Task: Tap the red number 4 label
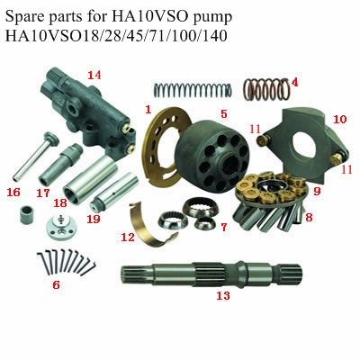pos(294,81)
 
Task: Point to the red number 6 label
pos(57,284)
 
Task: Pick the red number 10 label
pos(338,119)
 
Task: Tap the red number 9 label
pos(317,191)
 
